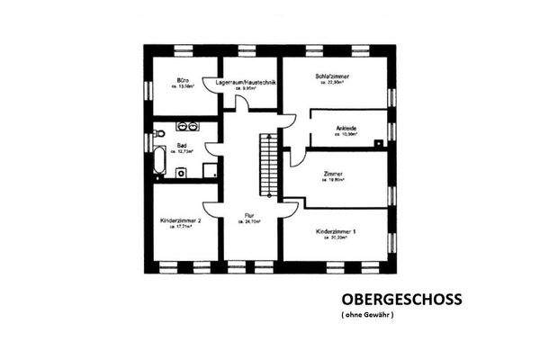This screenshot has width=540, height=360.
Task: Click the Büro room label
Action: click(x=182, y=80)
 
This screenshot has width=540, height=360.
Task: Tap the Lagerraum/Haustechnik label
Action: click(x=245, y=82)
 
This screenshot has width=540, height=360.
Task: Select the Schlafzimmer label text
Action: click(x=333, y=76)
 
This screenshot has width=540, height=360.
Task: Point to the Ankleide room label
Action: click(x=346, y=128)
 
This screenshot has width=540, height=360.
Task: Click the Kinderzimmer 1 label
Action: click(x=337, y=231)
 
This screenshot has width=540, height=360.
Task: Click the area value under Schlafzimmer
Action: click(x=333, y=85)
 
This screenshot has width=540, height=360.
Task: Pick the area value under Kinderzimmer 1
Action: click(x=337, y=239)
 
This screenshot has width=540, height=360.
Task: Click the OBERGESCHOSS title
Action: click(x=401, y=299)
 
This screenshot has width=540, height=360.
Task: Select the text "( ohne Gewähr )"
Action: click(x=368, y=316)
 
